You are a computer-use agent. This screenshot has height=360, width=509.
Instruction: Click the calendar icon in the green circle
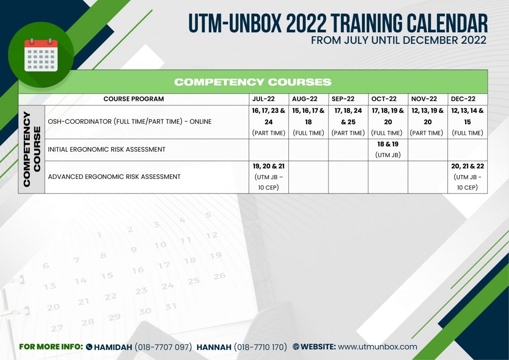(41, 54)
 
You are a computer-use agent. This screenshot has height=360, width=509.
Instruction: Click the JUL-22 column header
(268, 99)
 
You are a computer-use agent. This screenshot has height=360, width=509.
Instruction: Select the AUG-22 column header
(308, 99)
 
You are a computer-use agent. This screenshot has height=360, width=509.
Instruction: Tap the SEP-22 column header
(348, 99)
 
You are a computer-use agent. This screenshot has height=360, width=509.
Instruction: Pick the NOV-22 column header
(427, 99)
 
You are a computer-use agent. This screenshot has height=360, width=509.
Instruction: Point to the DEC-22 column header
(467, 99)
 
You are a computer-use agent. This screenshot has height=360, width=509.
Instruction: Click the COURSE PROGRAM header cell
(133, 99)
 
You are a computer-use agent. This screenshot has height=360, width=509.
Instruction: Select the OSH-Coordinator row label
(130, 122)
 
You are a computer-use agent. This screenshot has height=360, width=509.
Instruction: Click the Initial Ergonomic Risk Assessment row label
(106, 149)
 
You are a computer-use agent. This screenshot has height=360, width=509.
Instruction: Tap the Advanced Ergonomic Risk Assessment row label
(114, 177)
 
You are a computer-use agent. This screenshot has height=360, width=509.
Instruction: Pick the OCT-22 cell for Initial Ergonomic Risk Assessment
(388, 149)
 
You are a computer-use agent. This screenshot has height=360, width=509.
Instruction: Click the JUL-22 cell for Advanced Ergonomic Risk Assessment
(268, 177)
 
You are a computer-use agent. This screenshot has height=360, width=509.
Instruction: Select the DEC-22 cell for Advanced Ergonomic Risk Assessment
(467, 177)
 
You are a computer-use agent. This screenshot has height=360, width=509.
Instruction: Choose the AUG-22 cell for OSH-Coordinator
(308, 122)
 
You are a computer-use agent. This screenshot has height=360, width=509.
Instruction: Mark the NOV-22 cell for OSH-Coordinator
(427, 122)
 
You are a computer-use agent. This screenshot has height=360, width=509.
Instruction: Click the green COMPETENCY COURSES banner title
(253, 82)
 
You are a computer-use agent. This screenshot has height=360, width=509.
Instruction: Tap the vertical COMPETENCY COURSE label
(31, 149)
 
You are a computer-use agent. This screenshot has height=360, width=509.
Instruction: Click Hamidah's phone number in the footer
(164, 347)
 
